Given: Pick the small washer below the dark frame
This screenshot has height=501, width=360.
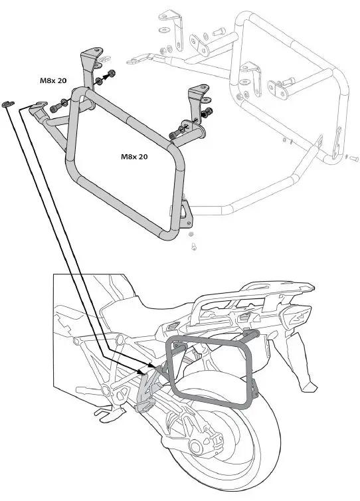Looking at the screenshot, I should click(x=191, y=236).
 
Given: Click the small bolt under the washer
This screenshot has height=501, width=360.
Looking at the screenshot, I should click(x=194, y=248).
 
